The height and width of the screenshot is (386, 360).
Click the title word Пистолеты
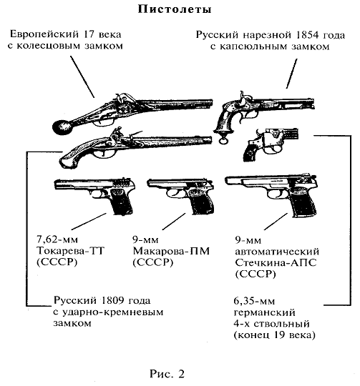(175, 9)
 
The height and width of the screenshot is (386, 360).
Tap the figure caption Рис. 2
(167, 373)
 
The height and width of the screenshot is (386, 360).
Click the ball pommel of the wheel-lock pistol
(60, 127)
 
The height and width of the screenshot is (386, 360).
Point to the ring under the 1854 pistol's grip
(223, 140)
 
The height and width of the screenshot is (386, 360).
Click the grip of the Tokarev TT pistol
(121, 203)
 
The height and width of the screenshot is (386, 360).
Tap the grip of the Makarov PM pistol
(201, 202)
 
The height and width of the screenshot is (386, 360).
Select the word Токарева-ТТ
(70, 251)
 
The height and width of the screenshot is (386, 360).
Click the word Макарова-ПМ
(171, 251)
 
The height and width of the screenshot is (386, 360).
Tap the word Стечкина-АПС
(276, 263)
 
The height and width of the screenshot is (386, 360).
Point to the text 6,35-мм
(254, 301)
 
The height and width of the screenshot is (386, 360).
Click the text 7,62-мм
(57, 239)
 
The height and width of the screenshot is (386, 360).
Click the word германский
(264, 312)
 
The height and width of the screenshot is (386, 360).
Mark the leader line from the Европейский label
(82, 76)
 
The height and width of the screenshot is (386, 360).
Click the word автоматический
(277, 252)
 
